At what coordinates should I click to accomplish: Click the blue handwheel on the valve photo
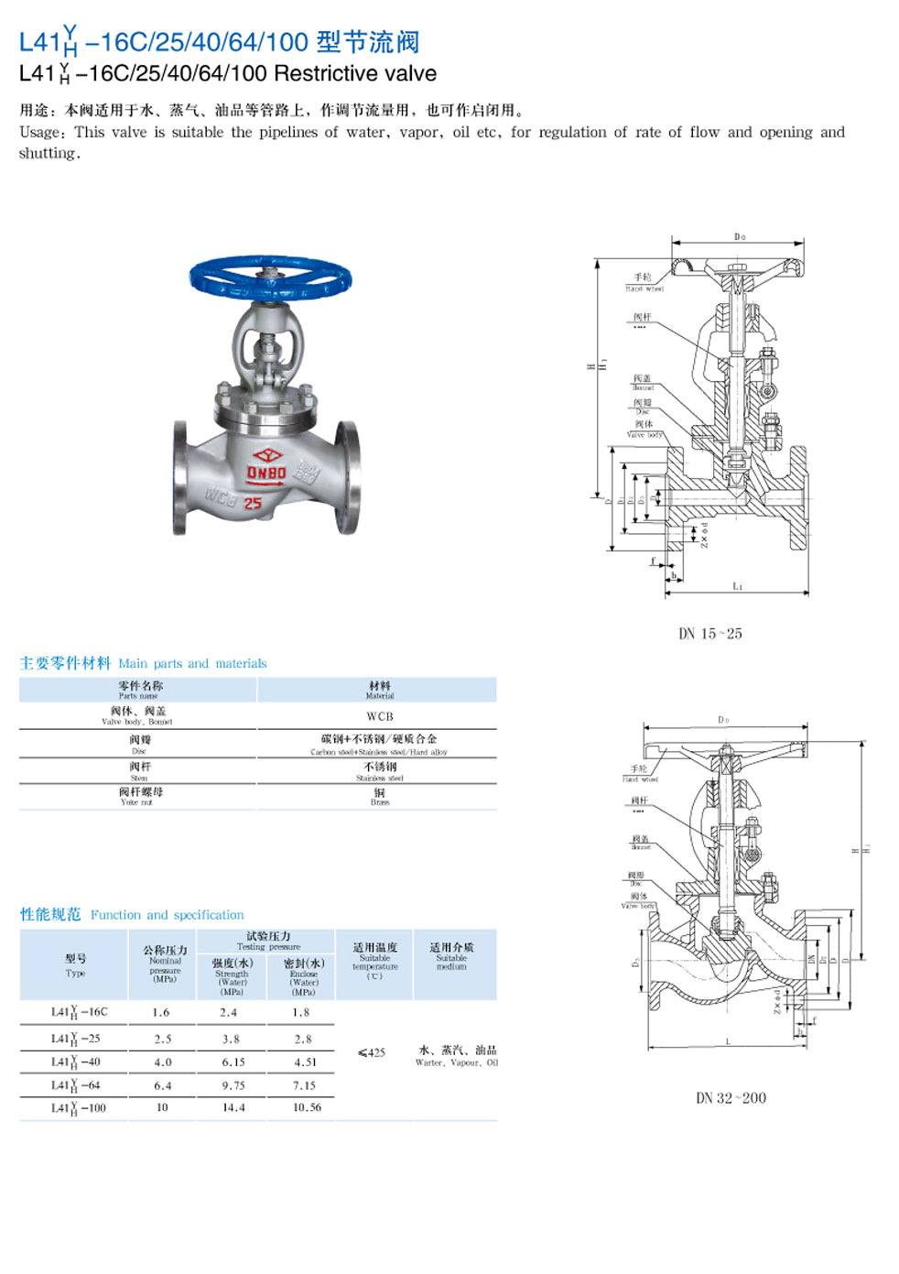[x=271, y=278]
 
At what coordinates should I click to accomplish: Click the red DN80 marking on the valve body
[x=266, y=473]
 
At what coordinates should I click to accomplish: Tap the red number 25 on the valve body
[x=253, y=503]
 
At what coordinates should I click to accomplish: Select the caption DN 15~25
[x=709, y=634]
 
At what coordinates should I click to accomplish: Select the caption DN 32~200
[x=731, y=1098]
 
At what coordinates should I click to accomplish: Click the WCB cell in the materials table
[x=379, y=716]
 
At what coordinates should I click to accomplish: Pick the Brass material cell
[x=379, y=797]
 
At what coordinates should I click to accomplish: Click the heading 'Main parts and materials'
[x=192, y=663]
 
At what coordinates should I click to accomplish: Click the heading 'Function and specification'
[x=167, y=915]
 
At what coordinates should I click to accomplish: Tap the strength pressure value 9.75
[x=233, y=1085]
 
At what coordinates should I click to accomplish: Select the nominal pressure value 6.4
[x=162, y=1085]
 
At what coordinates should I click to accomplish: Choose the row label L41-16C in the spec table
[x=79, y=1012]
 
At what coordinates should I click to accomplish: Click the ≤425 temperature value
[x=372, y=1053]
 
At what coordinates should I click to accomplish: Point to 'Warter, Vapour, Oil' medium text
[x=456, y=1062]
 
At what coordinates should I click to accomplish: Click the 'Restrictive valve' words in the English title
[x=355, y=73]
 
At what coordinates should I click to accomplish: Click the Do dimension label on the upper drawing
[x=739, y=237]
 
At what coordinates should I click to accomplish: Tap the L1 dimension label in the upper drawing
[x=737, y=586]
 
